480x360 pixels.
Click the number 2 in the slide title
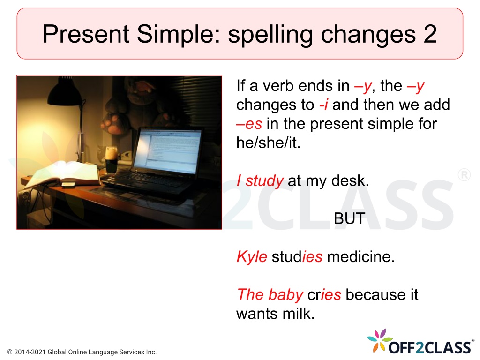click(x=430, y=34)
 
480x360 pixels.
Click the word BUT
click(x=349, y=218)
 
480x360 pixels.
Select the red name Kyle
click(x=252, y=256)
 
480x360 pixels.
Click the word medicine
click(x=361, y=256)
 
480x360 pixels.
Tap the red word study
click(x=264, y=181)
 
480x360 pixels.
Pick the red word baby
click(x=286, y=295)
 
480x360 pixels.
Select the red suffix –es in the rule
click(x=249, y=124)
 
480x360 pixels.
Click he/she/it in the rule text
click(x=268, y=142)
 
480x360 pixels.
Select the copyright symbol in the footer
click(x=10, y=352)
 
